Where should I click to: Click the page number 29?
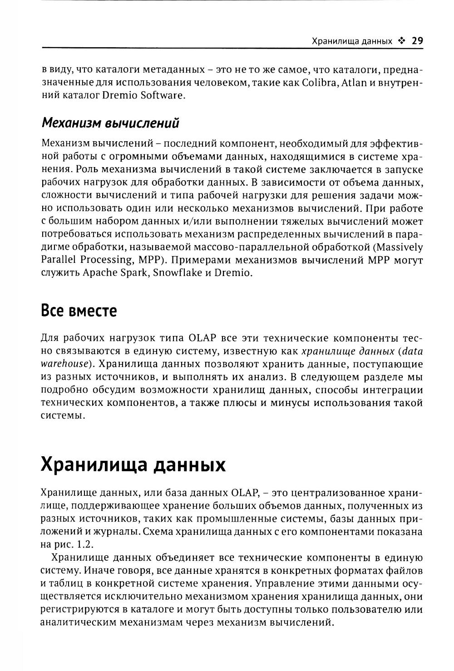coord(417,41)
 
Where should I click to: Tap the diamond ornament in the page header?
coord(401,41)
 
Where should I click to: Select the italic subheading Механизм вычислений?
coord(110,123)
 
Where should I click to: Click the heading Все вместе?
coord(79,311)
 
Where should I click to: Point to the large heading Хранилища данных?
coord(133,465)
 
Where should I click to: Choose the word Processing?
coord(104,261)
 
